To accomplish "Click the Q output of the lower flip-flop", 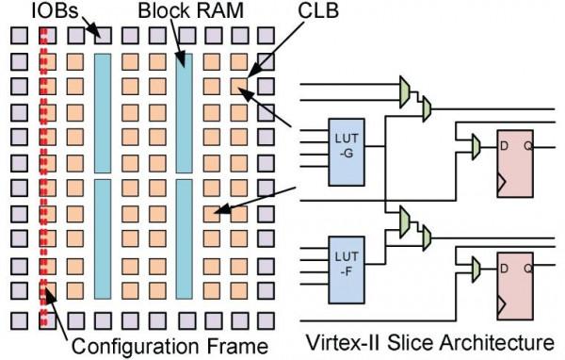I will pos(536,269).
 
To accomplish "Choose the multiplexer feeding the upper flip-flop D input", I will pos(476,144).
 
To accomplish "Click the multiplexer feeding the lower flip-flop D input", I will pos(476,270).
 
